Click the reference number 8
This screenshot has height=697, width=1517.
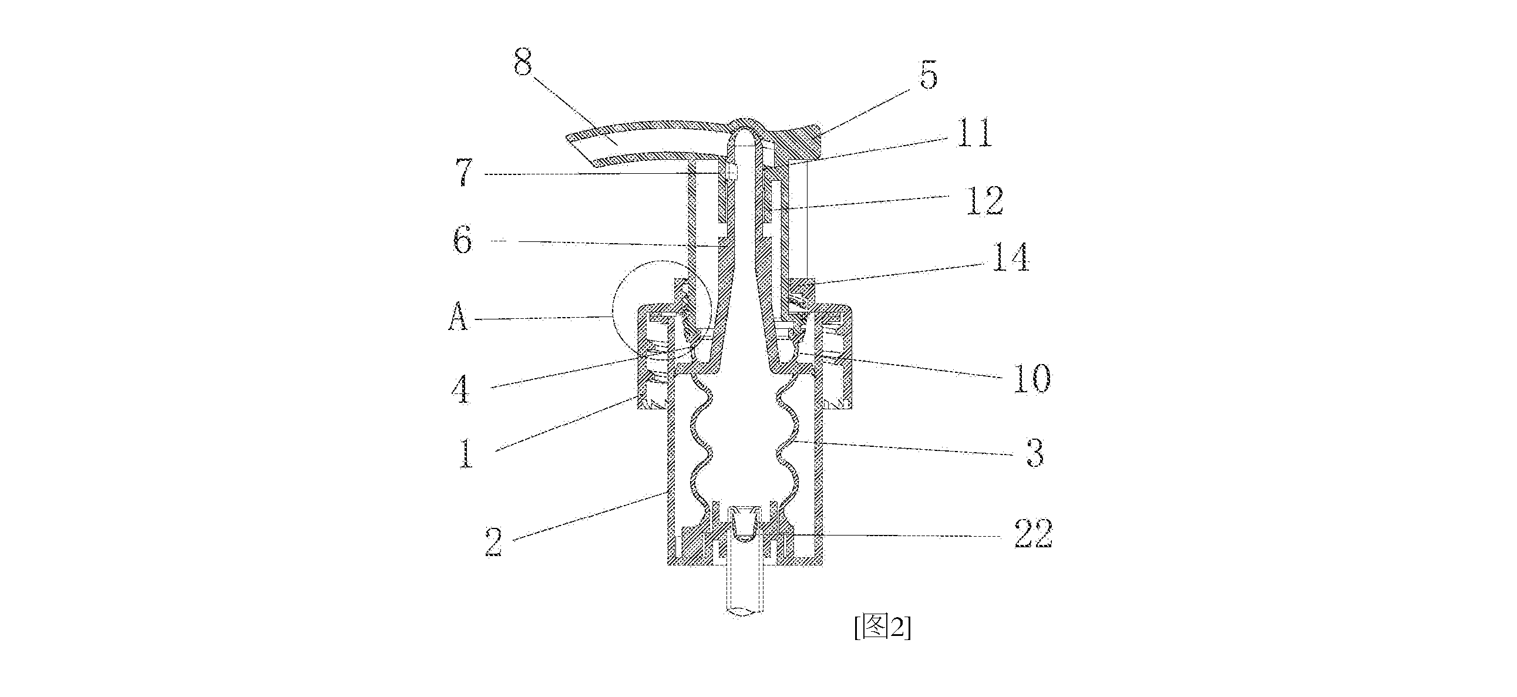[x=522, y=62]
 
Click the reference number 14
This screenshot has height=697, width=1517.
[x=1011, y=257]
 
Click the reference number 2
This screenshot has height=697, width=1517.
[x=493, y=541]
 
